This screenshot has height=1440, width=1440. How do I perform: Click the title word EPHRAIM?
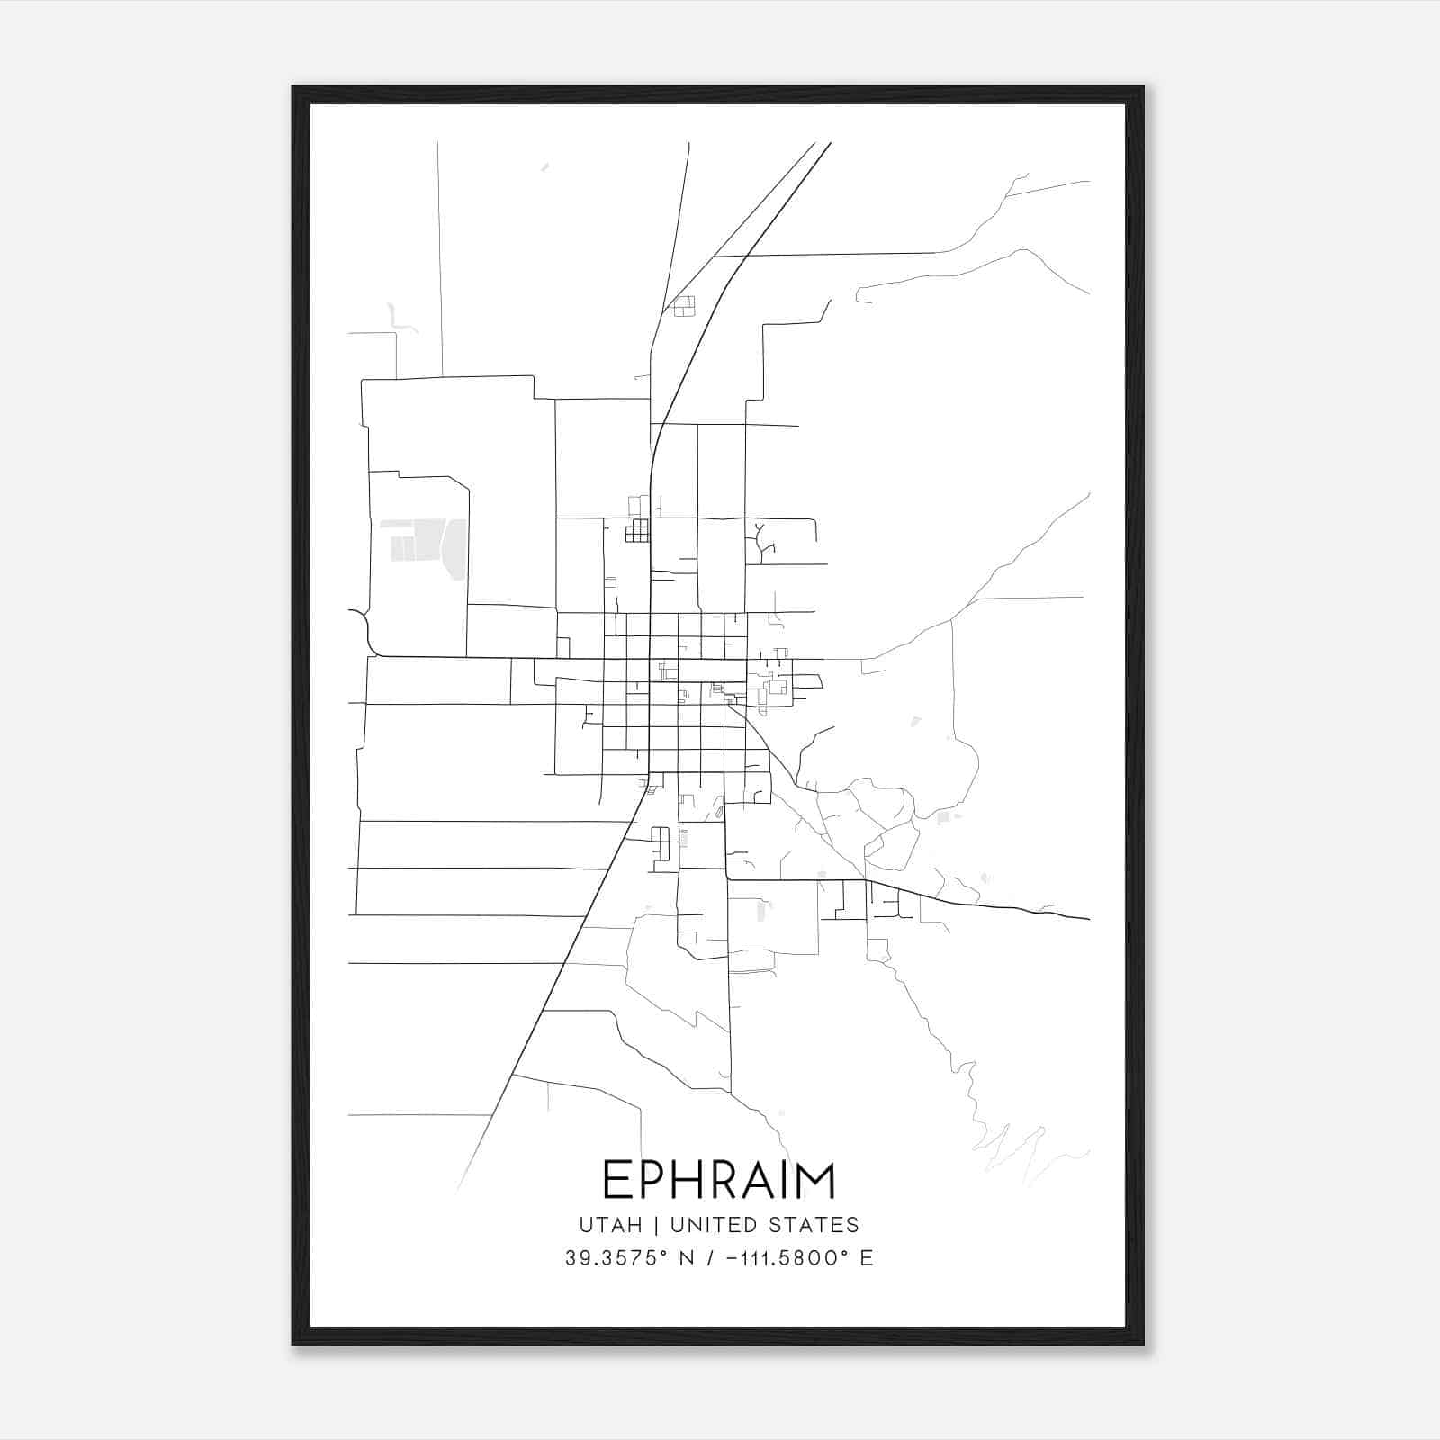pyautogui.click(x=719, y=1180)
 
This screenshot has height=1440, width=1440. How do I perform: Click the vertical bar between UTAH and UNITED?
pyautogui.click(x=656, y=1225)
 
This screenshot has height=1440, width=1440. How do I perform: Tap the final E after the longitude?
pyautogui.click(x=867, y=1258)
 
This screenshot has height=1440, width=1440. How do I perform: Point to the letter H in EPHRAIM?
pyautogui.click(x=697, y=1180)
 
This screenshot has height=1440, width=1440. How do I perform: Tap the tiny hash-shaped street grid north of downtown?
pyautogui.click(x=637, y=531)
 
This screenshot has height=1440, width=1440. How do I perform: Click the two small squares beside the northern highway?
pyautogui.click(x=685, y=306)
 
